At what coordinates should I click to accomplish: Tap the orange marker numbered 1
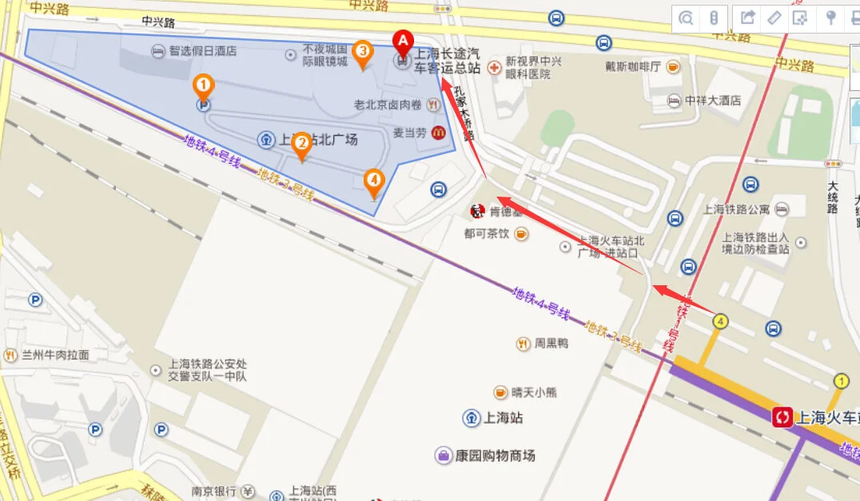(204, 84)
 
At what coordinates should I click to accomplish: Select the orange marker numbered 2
(302, 145)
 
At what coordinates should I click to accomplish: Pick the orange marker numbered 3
(362, 53)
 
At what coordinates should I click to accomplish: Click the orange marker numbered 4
(373, 181)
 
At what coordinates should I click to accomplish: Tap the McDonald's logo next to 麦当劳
(438, 133)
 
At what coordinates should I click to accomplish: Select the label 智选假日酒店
(202, 51)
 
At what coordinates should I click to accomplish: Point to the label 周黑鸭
(551, 344)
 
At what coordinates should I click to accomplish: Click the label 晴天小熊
(535, 392)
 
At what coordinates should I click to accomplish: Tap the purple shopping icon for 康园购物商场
(443, 455)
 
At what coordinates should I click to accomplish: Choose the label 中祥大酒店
(713, 101)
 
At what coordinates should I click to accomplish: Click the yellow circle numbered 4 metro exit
(721, 321)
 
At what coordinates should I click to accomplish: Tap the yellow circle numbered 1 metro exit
(841, 380)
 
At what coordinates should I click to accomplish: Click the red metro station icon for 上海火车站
(782, 416)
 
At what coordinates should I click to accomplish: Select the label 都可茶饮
(487, 234)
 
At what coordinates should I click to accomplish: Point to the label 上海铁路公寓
(736, 209)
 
